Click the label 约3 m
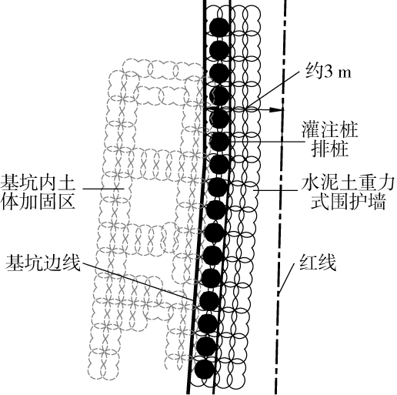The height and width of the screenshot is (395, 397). tap(329, 72)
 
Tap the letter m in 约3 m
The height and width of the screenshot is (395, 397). tap(345, 74)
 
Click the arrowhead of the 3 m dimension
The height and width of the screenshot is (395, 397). tap(276, 110)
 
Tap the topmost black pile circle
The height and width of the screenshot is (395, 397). tap(219, 27)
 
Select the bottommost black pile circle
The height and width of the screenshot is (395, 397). tap(205, 369)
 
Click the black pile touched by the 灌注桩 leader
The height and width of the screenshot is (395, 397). tap(219, 141)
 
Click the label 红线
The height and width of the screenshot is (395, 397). tap(318, 263)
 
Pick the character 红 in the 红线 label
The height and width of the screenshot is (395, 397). tap(309, 263)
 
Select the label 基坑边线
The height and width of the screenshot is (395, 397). tap(43, 263)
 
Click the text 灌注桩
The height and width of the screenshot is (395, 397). tap(329, 130)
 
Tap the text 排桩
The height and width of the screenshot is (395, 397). tap(330, 149)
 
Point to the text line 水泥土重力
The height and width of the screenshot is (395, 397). tap(348, 183)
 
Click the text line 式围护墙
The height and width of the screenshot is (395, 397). tap(348, 203)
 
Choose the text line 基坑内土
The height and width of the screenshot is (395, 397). tap(38, 182)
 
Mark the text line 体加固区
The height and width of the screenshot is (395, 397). tap(38, 202)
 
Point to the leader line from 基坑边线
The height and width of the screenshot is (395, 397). tap(137, 281)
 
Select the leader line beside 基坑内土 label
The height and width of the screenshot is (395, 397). tap(103, 189)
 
